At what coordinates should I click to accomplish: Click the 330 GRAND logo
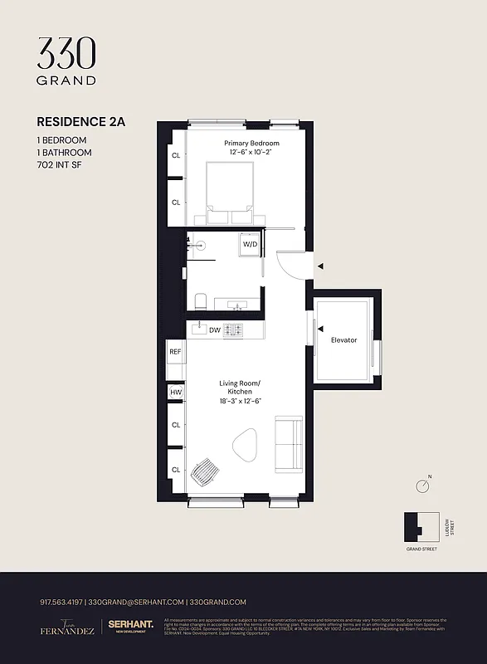66,61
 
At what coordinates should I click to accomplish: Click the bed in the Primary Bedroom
230,191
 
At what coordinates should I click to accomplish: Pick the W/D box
250,245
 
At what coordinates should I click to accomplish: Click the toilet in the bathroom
200,300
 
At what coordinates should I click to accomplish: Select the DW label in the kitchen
214,330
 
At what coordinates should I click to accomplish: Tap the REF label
175,352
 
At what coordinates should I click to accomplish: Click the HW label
175,393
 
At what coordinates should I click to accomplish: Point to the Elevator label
343,340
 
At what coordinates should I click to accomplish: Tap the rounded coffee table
246,447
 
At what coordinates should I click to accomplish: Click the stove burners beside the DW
233,330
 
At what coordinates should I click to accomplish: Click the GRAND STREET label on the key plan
421,549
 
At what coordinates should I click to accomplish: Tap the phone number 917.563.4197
61,602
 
